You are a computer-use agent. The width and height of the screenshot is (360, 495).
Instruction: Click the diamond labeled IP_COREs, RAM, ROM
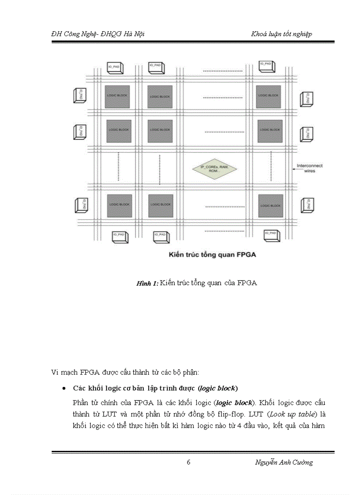pyautogui.click(x=215, y=168)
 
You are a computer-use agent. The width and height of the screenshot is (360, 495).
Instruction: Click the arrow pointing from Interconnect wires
pyautogui.click(x=288, y=168)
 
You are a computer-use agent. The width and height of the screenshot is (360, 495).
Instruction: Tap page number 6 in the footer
pyautogui.click(x=188, y=462)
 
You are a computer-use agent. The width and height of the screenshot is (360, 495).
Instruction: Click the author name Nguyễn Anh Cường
pyautogui.click(x=284, y=462)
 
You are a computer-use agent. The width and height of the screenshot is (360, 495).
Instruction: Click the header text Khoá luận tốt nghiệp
pyautogui.click(x=281, y=34)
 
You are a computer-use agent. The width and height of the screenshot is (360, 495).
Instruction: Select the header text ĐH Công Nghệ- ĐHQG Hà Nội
pyautogui.click(x=97, y=34)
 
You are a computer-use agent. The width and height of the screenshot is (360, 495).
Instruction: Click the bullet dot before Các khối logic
pyautogui.click(x=64, y=389)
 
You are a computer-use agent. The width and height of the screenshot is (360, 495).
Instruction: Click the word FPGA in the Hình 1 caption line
pyautogui.click(x=247, y=283)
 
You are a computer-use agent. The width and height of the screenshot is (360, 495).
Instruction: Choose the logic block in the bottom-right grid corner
pyautogui.click(x=270, y=205)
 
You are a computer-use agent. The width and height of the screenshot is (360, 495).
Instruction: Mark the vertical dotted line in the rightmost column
pyautogui.click(x=270, y=165)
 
